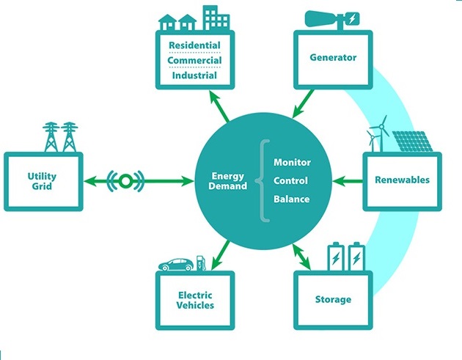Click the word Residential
tap(195, 45)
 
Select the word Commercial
tap(195, 60)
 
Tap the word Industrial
tap(194, 75)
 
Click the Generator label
tap(333, 57)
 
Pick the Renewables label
tap(402, 180)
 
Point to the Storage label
tap(333, 299)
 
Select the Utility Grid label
tap(43, 181)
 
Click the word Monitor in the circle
tap(292, 161)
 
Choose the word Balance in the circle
tap(291, 199)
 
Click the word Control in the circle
tap(290, 180)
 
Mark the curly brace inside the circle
tap(260, 180)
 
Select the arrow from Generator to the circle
tap(304, 103)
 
